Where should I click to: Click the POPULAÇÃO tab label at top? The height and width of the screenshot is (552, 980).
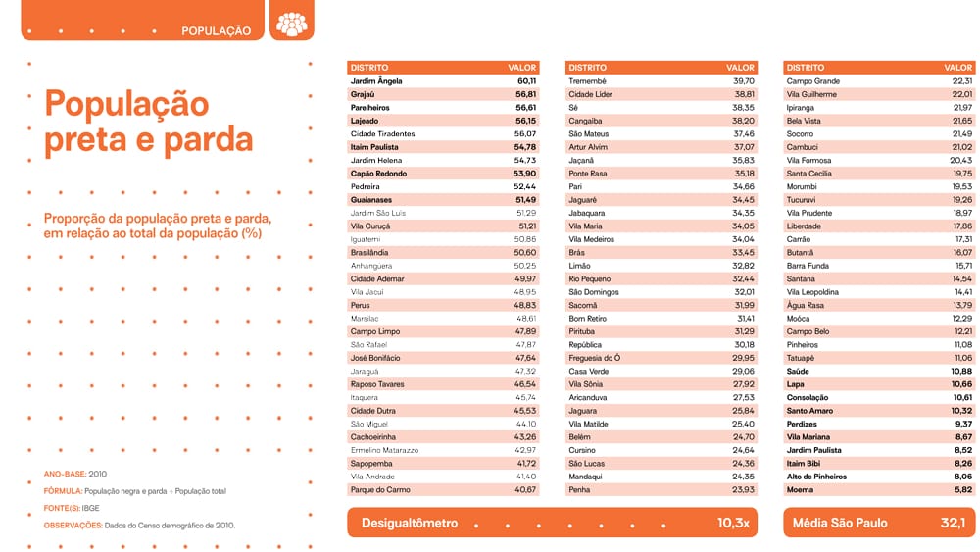point(216,30)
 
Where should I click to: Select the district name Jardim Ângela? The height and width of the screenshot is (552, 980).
point(376,80)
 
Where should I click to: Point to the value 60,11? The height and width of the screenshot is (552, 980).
point(526,80)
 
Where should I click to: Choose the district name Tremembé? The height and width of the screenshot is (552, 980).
point(588,80)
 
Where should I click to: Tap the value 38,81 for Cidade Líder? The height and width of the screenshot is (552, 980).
point(744,94)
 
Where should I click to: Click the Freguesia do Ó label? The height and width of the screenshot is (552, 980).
point(594,358)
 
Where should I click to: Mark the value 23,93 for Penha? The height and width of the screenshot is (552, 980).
point(744,489)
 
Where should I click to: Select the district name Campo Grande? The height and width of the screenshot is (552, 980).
point(812,80)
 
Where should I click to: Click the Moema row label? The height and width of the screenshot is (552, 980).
point(800,489)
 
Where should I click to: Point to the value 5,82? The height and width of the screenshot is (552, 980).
point(963,489)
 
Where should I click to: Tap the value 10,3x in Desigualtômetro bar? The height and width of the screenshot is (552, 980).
point(733,523)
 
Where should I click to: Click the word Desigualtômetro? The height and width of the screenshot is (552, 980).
point(410,523)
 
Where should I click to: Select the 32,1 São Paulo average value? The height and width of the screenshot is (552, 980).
point(954,523)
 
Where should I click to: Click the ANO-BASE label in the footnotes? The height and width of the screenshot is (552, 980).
point(63,474)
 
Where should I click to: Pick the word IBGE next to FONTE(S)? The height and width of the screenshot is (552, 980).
point(91,508)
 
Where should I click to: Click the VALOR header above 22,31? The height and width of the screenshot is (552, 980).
point(958,68)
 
